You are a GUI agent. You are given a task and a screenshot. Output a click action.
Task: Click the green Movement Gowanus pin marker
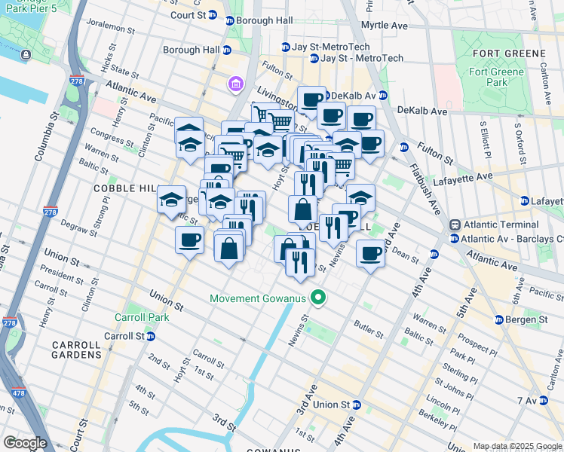point(319,299)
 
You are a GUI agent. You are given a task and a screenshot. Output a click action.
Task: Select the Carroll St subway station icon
point(151,336)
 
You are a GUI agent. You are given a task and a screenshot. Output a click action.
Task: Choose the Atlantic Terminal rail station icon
point(455,225)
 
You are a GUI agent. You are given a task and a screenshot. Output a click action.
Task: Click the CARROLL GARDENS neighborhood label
point(75,349)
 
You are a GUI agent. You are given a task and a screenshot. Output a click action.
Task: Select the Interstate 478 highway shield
point(17,392)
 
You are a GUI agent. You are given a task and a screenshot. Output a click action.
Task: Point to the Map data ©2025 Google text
point(516,446)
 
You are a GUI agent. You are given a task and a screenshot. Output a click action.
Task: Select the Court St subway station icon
point(213,15)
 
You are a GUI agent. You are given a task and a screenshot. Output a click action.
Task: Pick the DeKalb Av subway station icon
point(382,96)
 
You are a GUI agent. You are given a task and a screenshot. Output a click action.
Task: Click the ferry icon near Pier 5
point(26,55)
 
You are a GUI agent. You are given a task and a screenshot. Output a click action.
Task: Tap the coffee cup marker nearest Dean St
point(369,253)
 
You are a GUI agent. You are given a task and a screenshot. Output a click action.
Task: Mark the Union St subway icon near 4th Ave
point(356,405)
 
